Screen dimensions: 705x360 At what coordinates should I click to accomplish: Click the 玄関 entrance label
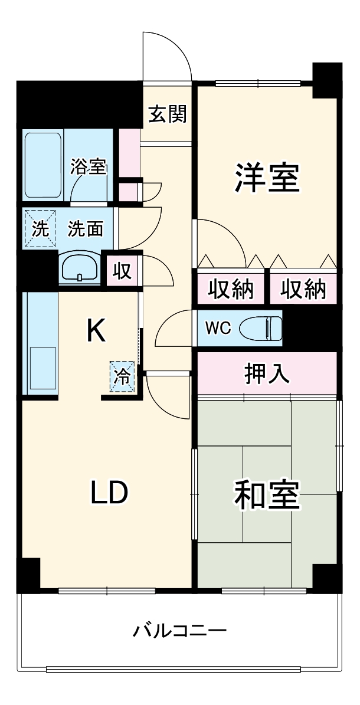(167, 114)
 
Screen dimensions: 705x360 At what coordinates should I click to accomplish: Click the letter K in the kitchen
(96, 331)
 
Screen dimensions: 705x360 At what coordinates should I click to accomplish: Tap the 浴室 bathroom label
(89, 167)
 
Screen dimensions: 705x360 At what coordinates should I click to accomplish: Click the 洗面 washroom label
(85, 228)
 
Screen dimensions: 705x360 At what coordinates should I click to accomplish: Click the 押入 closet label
(266, 373)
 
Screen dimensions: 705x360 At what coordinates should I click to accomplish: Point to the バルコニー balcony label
(179, 631)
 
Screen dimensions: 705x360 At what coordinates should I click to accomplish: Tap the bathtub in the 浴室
(43, 165)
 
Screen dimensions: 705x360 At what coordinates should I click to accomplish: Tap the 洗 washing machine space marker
(40, 228)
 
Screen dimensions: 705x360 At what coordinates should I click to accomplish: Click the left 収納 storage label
(232, 289)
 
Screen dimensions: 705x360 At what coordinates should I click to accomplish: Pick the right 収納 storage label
(303, 289)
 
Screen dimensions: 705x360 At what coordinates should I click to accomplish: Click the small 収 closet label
(122, 270)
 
